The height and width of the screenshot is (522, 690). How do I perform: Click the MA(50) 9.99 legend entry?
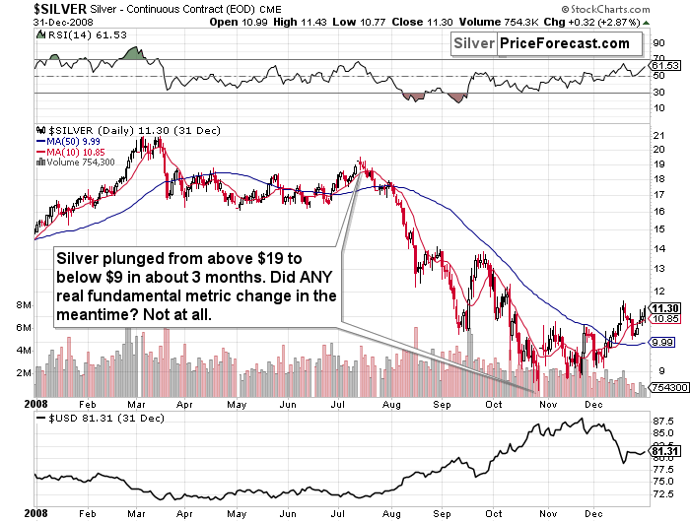point(72,140)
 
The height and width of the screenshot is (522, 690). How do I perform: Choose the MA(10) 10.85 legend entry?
point(74,151)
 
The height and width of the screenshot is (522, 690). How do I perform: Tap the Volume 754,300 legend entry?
point(77,162)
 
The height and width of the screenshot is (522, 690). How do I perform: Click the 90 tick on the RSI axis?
point(656,43)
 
